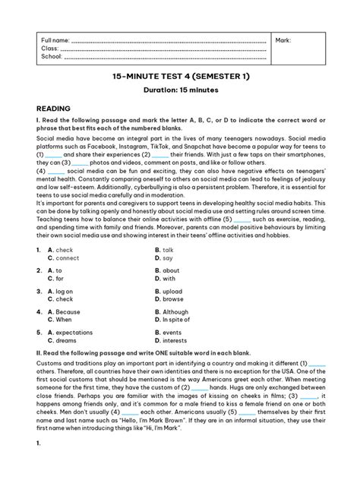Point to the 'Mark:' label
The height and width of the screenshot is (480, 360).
283,39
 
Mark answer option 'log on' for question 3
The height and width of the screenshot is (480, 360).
66,291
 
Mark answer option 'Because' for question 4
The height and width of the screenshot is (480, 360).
68,311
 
